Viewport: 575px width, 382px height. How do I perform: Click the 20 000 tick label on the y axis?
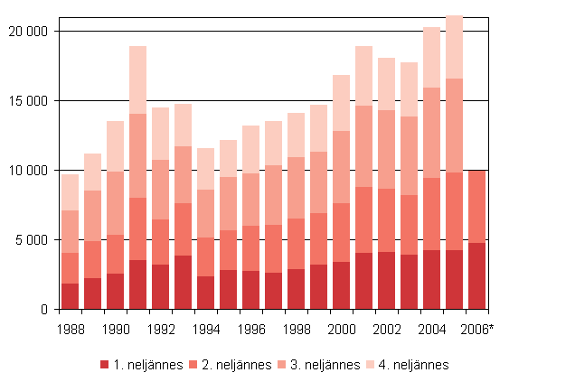[30, 32]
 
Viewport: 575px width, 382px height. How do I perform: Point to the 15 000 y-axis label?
[30, 101]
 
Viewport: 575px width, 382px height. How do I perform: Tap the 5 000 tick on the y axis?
[34, 240]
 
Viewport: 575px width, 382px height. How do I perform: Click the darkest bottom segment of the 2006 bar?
[477, 275]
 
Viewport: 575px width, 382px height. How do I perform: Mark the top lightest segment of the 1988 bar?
[71, 192]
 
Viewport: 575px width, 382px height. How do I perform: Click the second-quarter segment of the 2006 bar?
[477, 207]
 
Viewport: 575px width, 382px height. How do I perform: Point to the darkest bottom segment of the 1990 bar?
[116, 291]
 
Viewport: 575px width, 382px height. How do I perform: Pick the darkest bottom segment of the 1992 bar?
[161, 286]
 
